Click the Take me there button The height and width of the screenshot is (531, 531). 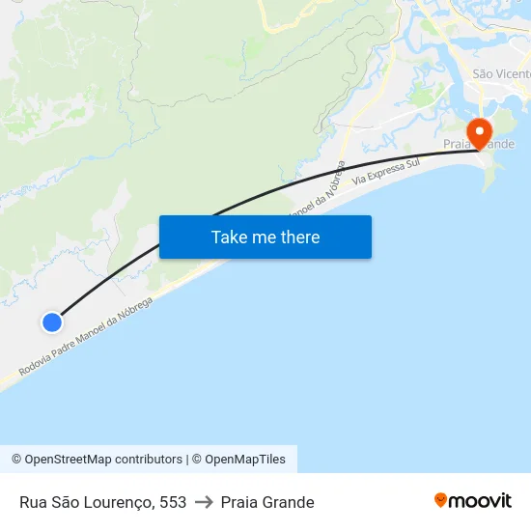[x=265, y=238]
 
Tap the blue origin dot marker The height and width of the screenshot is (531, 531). [x=52, y=322]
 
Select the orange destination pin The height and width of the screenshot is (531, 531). [x=479, y=133]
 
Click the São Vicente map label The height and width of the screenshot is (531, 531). [x=500, y=74]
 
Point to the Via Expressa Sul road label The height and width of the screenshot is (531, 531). [x=386, y=172]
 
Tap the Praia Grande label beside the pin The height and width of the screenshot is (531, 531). [x=479, y=144]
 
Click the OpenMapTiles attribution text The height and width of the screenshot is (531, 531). [x=245, y=460]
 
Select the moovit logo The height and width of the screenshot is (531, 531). [x=472, y=501]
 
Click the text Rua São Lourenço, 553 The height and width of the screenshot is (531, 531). [x=102, y=502]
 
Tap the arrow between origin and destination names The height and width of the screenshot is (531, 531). [x=204, y=502]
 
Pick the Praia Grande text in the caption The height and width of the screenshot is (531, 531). [x=267, y=502]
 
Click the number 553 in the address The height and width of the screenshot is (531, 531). [x=173, y=502]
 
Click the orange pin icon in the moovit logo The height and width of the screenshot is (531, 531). [x=441, y=500]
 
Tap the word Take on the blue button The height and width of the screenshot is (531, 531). [x=230, y=238]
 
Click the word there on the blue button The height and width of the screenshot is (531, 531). [x=299, y=238]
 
